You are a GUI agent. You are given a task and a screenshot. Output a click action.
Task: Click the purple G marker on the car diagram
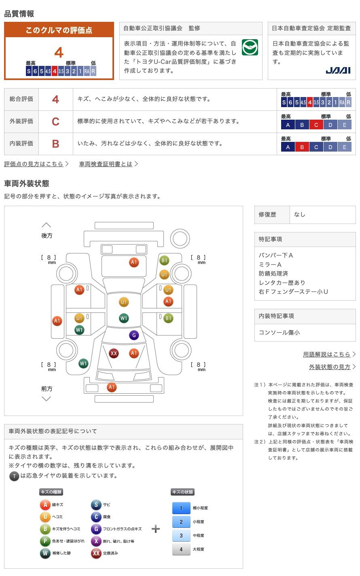pos(134,335)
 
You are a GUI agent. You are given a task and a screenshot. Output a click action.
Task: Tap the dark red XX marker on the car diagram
pos(114,353)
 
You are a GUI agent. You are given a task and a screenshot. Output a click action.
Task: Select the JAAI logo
pos(338,70)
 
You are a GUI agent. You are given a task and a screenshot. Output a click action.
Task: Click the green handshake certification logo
pos(250,47)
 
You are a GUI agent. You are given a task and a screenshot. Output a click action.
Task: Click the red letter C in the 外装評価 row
pos(55,121)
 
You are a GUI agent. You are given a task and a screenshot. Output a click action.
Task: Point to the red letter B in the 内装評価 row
pos(55,144)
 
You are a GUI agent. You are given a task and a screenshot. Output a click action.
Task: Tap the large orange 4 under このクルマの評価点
pos(59,53)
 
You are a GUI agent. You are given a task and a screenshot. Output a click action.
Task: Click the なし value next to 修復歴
pos(300,214)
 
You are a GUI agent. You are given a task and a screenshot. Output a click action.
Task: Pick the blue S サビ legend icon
pos(96,504)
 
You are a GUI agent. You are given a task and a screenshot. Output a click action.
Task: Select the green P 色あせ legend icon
pos(45,541)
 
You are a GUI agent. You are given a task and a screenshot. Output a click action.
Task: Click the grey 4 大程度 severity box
pos(181,549)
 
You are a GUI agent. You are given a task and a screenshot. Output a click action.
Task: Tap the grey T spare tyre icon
pos(14,476)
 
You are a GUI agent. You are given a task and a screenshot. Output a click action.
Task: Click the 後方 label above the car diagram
pos(47,236)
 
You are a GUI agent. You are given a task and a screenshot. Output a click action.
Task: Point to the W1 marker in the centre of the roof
pos(124,318)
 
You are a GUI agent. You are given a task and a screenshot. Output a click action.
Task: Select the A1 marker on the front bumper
pos(111,387)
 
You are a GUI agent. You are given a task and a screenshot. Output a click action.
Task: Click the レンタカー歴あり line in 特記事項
pos(282,283)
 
